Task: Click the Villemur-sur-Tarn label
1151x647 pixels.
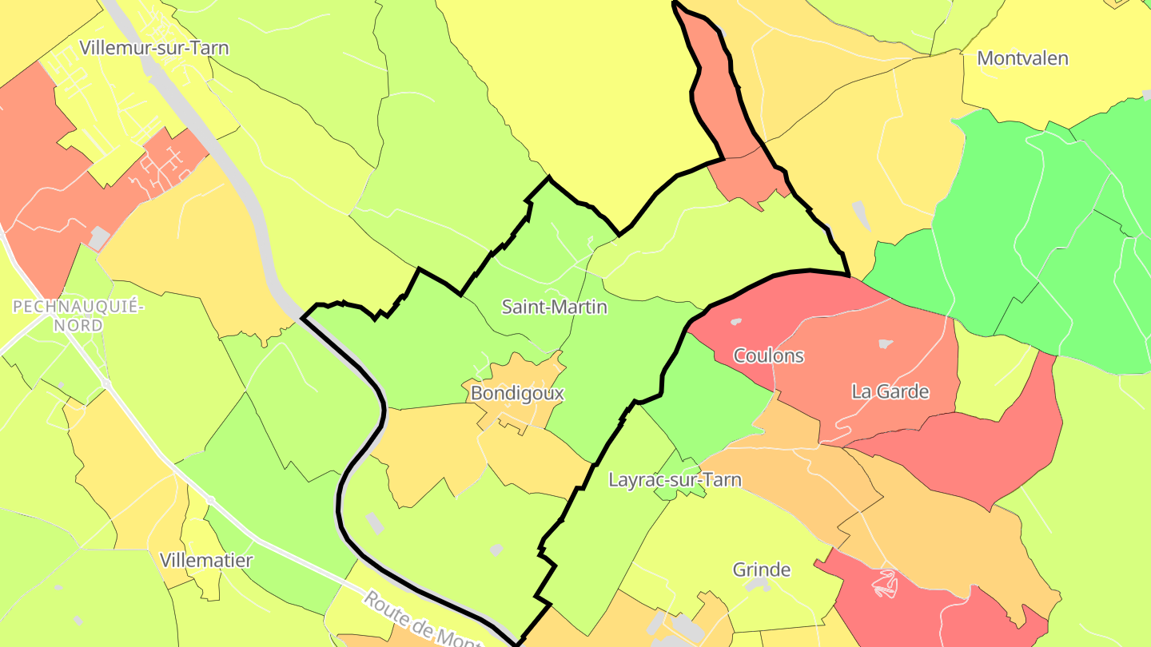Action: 154,48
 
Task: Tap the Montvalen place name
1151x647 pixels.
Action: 1022,58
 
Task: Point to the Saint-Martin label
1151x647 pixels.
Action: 554,307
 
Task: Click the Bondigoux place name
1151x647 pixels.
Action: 517,393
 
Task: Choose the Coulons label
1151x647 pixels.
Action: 768,355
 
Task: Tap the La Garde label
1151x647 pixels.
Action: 890,391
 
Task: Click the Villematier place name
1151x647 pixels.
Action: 206,560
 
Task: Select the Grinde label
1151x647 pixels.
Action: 761,570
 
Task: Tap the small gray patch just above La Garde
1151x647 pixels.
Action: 885,344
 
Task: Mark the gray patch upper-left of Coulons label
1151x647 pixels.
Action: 735,322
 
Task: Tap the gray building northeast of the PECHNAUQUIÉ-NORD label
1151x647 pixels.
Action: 99,237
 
